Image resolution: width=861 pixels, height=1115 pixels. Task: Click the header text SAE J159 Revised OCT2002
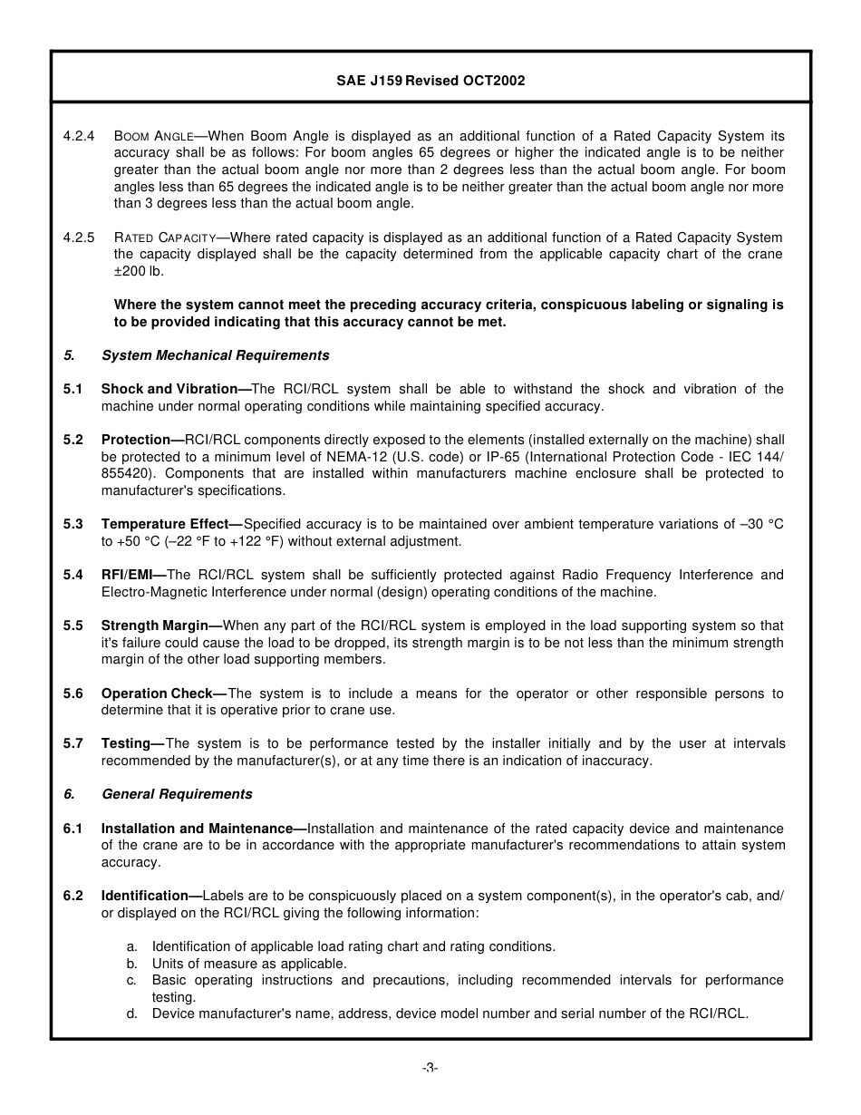pos(430,81)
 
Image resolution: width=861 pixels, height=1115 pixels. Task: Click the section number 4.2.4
pos(79,136)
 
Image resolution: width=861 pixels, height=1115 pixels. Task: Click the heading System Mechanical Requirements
pos(215,355)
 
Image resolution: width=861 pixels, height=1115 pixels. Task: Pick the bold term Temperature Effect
pos(170,524)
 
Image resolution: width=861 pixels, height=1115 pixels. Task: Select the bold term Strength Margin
pos(160,625)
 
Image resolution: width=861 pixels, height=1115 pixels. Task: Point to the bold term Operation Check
pos(162,693)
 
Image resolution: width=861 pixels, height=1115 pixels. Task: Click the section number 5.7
pos(73,743)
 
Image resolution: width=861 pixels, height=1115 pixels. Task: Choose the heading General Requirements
pos(177,794)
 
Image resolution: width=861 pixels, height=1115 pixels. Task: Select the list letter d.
pos(131,1013)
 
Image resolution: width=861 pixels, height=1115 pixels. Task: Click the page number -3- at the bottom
pos(430,1068)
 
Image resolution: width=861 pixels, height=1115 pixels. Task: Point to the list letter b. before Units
pos(131,964)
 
